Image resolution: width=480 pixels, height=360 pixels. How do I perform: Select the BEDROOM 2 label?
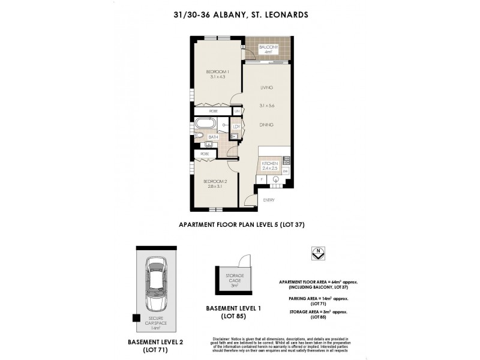214,182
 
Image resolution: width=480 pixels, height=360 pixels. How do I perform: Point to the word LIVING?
266,88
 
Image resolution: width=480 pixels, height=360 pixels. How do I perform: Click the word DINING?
266,125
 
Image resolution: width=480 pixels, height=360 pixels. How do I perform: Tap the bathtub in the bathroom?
207,125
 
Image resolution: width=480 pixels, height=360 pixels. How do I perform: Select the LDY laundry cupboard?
236,127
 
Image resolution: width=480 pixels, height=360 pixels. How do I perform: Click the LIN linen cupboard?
237,112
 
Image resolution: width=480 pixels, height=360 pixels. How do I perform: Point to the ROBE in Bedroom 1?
213,112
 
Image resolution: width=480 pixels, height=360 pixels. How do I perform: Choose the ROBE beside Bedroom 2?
205,154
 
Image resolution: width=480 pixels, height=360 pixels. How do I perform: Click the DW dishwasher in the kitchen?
286,172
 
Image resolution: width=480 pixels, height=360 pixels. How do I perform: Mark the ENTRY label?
268,201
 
